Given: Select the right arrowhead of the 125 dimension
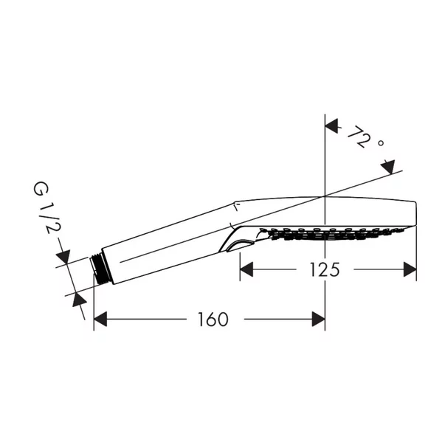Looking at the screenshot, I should tap(409, 270).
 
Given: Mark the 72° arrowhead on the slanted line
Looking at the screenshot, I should tap(388, 167).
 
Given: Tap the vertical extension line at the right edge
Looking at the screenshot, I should tap(417, 251).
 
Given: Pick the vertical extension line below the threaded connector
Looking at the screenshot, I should tap(94, 303).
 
